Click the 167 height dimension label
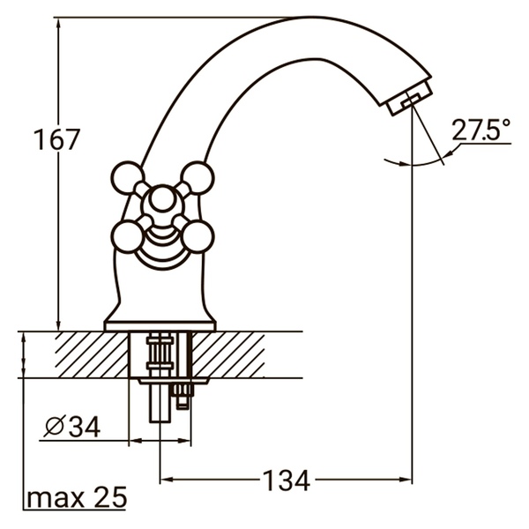point(56,139)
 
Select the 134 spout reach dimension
point(287,481)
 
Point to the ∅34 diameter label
point(71,427)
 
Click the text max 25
point(76,498)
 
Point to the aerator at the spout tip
point(408,97)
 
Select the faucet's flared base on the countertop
point(160,318)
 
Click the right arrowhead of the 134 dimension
point(407,481)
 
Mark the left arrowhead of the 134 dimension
point(167,481)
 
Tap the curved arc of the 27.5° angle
point(414,165)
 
